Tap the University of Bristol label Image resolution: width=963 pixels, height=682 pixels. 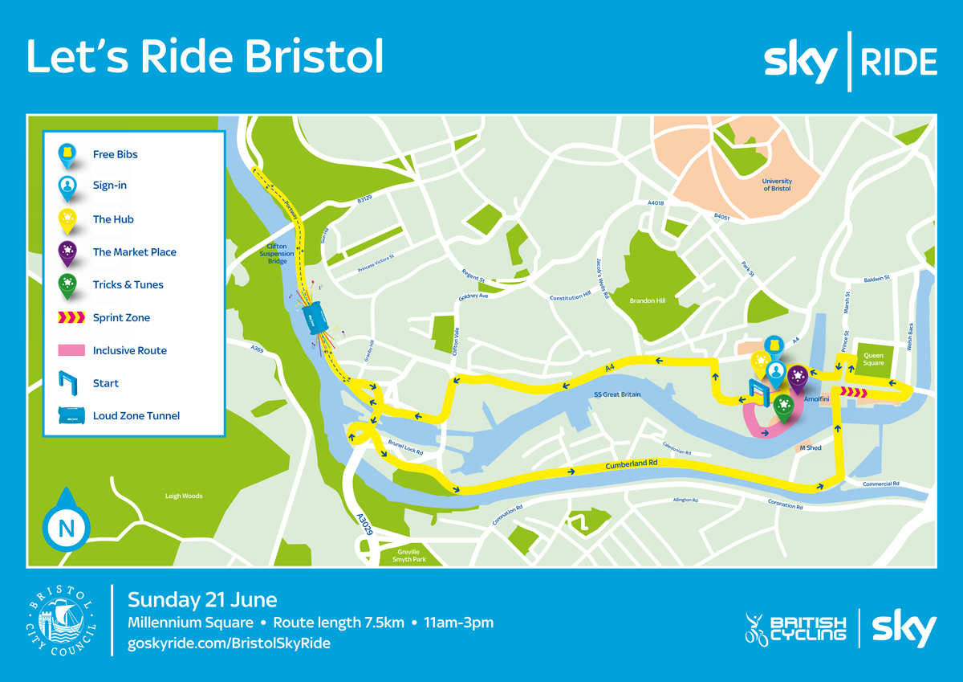pos(777,186)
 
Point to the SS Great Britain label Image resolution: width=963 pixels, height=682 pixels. pos(617,394)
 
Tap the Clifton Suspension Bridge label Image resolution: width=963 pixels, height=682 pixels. pos(277,254)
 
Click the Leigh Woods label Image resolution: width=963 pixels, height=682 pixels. pos(184,496)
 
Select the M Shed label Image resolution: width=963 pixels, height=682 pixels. pos(810,447)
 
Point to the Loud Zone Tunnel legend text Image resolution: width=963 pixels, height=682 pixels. pos(136,416)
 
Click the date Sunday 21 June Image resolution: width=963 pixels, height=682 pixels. pos(203,599)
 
